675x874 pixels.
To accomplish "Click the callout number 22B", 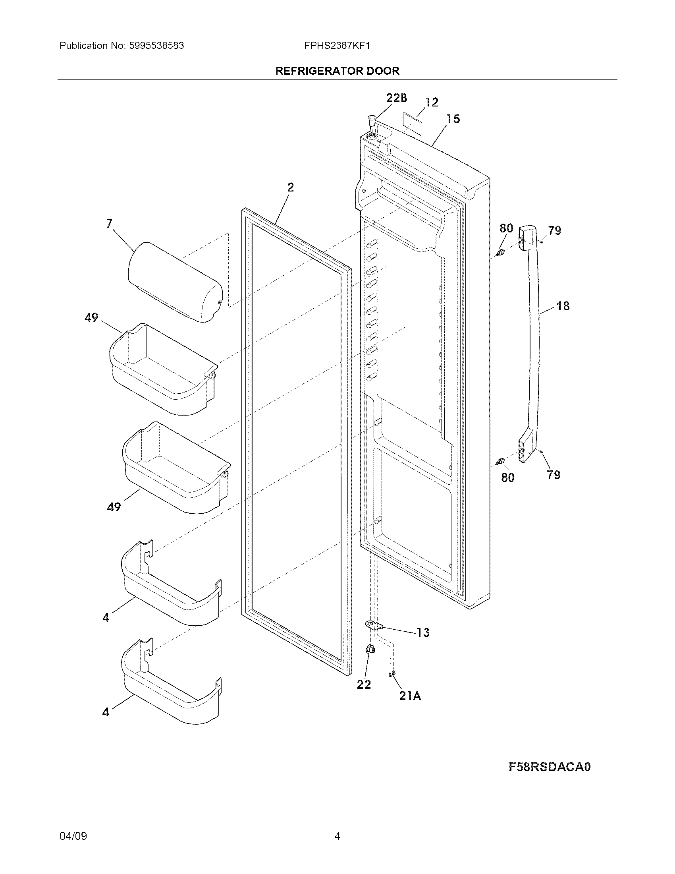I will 396,98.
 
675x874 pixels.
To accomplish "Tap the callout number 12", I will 432,102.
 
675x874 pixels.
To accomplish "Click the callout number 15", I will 453,119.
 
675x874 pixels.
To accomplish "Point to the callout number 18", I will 563,306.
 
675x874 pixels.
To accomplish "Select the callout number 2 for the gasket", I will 291,187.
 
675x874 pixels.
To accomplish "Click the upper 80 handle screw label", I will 506,228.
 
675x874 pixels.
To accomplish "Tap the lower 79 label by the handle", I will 553,475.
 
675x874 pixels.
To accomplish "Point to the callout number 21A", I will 410,696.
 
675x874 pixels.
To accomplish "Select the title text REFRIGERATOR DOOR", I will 337,71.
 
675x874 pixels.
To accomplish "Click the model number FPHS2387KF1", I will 337,46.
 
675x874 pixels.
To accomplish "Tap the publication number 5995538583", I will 156,46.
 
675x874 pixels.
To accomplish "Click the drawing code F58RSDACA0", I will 550,767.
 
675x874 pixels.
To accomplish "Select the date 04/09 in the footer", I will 73,836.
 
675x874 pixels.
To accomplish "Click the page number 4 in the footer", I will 337,836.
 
